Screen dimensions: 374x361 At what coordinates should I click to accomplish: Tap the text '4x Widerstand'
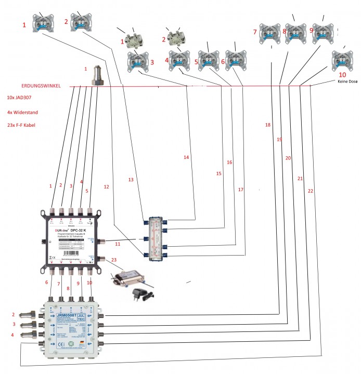22,112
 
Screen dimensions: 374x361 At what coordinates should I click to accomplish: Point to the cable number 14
187,156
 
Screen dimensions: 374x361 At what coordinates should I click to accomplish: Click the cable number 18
268,125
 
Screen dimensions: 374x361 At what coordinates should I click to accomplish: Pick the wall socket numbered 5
208,60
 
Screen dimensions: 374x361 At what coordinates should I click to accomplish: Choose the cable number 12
106,186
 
